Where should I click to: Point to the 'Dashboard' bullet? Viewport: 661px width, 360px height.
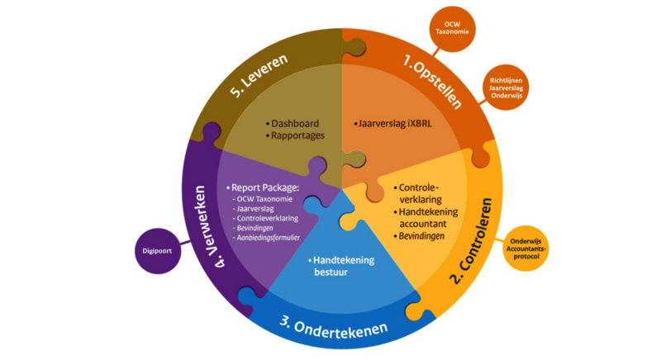pyautogui.click(x=295, y=124)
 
